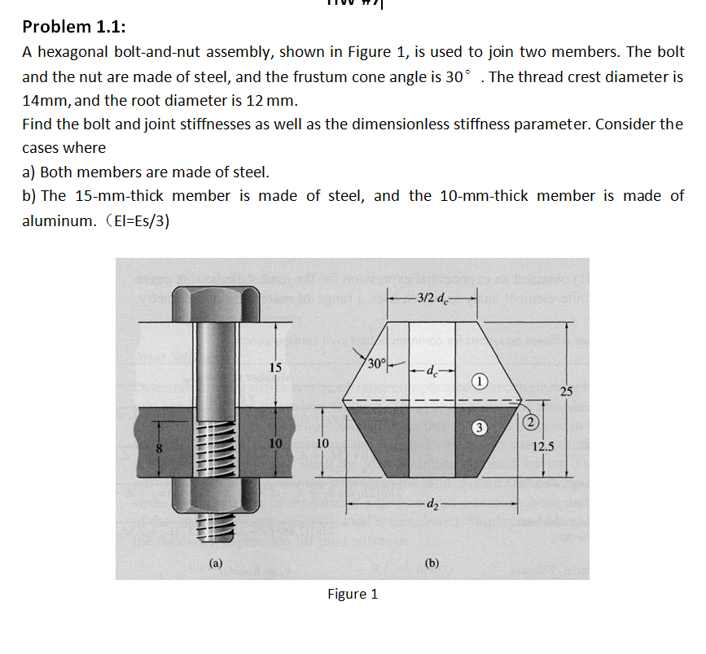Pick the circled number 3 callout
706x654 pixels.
coord(480,426)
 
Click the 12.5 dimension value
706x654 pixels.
coord(543,447)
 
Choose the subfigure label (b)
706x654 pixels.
coord(431,561)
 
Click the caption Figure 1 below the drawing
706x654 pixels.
coord(352,594)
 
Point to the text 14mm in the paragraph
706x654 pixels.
coord(42,102)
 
